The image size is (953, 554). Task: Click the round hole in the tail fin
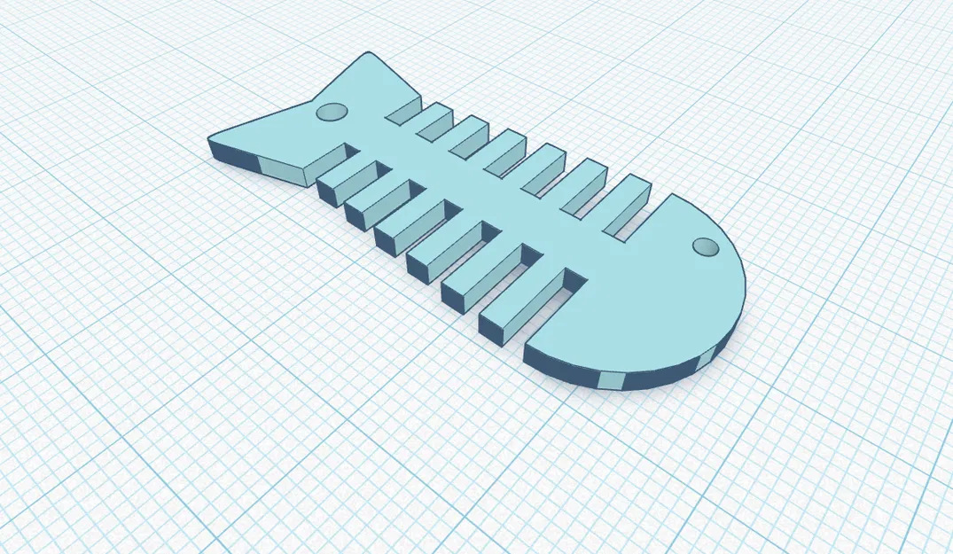(x=331, y=112)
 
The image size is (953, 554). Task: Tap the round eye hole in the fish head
(x=705, y=246)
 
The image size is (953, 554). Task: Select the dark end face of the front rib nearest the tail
(x=330, y=188)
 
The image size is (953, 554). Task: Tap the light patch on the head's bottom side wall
(x=611, y=380)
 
